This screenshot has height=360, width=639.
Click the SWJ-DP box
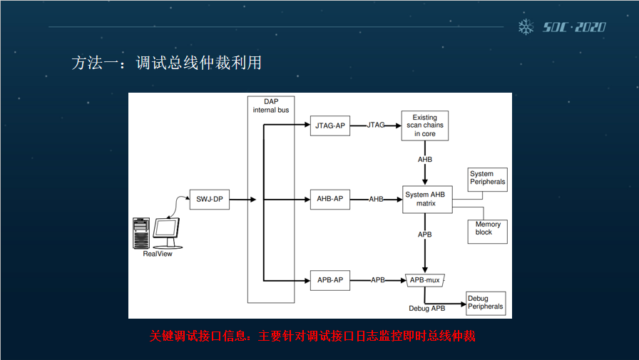(x=210, y=200)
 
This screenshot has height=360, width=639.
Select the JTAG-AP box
(x=330, y=125)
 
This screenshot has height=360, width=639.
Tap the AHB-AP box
(x=330, y=199)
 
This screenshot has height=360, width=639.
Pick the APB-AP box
(x=330, y=280)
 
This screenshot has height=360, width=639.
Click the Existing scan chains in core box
(x=425, y=125)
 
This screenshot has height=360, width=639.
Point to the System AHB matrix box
(x=426, y=199)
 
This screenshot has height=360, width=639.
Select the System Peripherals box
(x=487, y=178)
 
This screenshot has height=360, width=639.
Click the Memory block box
(x=488, y=229)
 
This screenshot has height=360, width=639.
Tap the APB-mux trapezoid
(x=425, y=280)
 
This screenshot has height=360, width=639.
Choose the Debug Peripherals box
(x=486, y=303)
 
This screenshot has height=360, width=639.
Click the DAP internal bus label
(x=270, y=106)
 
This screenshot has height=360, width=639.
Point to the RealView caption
(x=158, y=254)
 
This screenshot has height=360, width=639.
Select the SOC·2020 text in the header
(x=574, y=27)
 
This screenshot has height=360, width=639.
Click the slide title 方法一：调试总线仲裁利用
(x=166, y=63)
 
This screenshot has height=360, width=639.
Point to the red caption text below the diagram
(x=312, y=336)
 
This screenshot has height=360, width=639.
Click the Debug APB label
(x=427, y=309)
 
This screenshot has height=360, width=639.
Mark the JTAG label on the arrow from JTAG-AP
(x=376, y=125)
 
